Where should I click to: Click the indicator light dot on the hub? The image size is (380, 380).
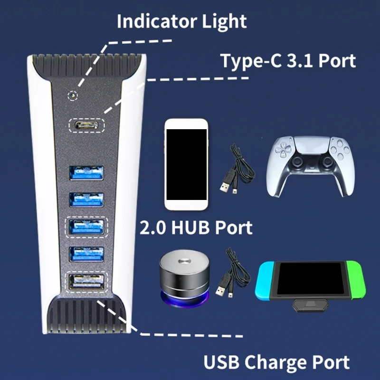73,95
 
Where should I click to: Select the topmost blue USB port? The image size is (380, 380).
87,172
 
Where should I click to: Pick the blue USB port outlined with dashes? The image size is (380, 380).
87,226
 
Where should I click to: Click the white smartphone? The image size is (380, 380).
186,164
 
